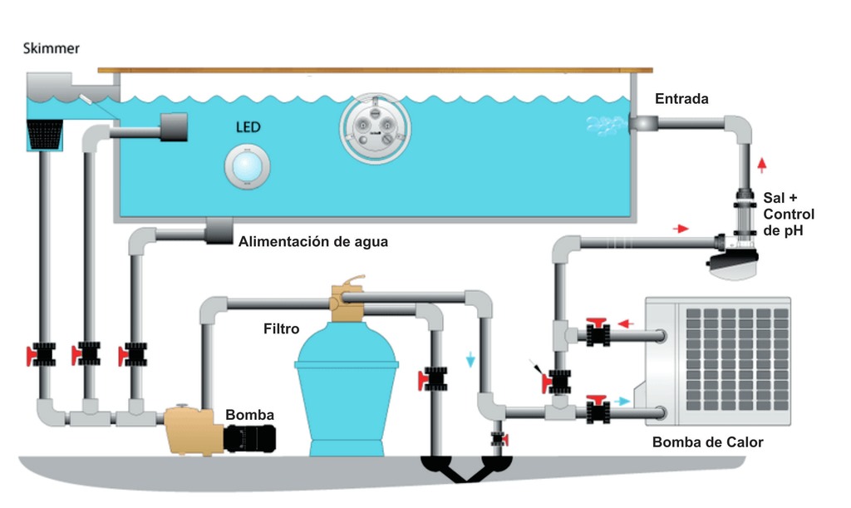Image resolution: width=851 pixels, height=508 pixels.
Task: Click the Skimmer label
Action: click(x=52, y=48)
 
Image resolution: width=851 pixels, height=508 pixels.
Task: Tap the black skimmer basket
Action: click(x=47, y=134)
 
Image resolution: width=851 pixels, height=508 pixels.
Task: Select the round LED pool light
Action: click(x=247, y=165)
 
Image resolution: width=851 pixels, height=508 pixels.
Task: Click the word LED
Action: click(x=248, y=128)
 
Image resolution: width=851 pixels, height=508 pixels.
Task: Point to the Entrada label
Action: click(x=681, y=99)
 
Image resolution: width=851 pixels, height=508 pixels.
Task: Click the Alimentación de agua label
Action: click(x=313, y=242)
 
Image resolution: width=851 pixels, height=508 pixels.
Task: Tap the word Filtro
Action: click(x=281, y=329)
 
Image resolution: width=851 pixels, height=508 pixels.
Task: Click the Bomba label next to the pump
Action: click(x=249, y=415)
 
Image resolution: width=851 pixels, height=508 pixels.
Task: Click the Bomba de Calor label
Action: click(x=707, y=441)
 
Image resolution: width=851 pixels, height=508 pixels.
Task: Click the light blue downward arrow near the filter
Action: click(x=470, y=359)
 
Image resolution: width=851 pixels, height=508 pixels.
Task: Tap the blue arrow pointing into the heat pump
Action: click(x=622, y=401)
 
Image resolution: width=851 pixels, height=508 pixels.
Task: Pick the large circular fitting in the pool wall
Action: click(x=375, y=126)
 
